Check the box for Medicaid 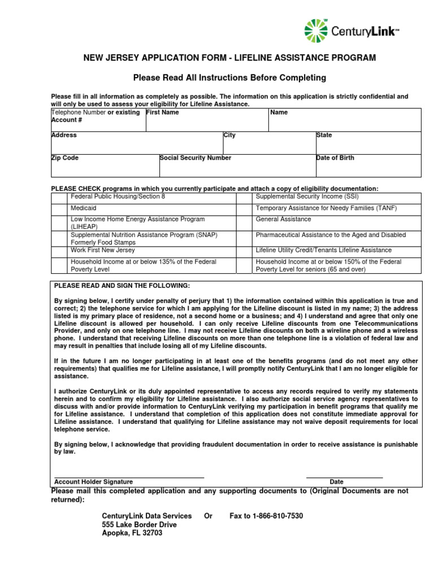click(x=59, y=209)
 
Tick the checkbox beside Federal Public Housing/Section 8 click(x=59, y=198)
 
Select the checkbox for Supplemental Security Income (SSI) click(x=244, y=198)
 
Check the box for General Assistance click(x=244, y=222)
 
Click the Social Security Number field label click(x=196, y=158)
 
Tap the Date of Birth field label click(x=335, y=158)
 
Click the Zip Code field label click(x=65, y=158)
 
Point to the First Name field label click(x=163, y=112)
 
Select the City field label click(x=230, y=135)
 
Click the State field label click(x=324, y=135)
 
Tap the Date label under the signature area click(x=336, y=482)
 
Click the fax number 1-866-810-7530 click(x=266, y=516)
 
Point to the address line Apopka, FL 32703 click(x=132, y=533)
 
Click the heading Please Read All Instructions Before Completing click(x=229, y=77)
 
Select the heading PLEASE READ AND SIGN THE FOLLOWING click(x=122, y=286)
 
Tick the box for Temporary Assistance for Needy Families click(x=244, y=209)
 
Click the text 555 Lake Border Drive click(x=139, y=524)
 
